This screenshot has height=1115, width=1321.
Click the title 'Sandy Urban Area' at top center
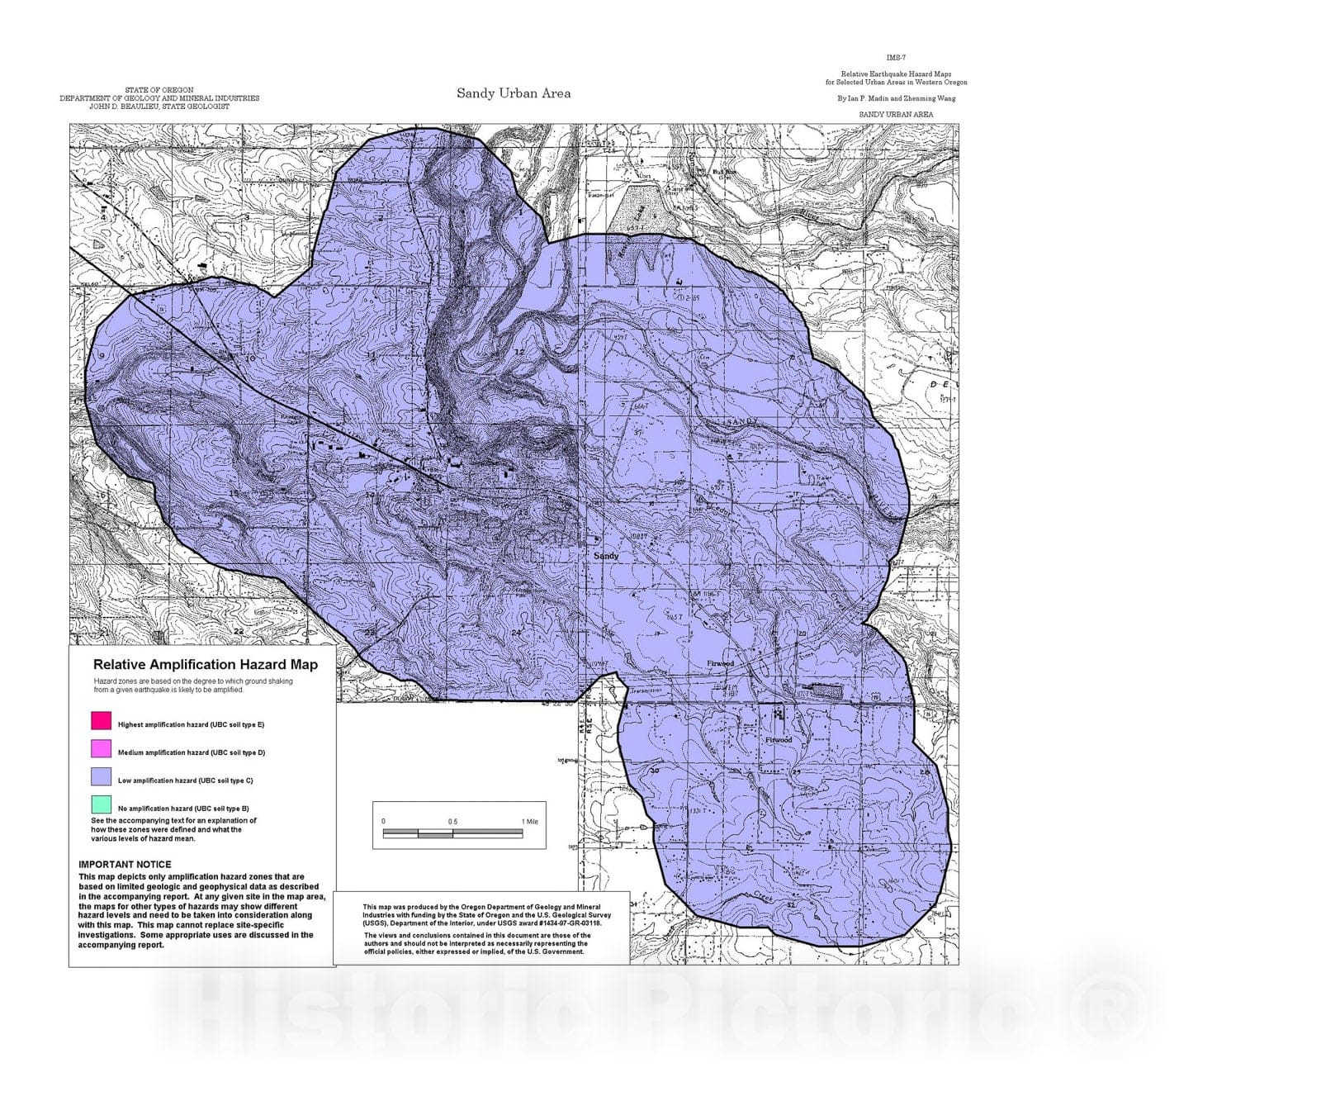[514, 93]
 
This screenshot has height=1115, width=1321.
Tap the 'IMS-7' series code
[896, 58]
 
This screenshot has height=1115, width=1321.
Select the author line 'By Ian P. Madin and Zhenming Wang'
[896, 98]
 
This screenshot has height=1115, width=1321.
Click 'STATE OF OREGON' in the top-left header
[159, 90]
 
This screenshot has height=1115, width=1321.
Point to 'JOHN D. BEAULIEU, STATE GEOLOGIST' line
[159, 107]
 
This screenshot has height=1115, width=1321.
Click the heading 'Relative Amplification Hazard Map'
[205, 664]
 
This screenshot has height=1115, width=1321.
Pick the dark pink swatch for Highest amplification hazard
[101, 720]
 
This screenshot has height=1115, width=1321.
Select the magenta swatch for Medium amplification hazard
[101, 748]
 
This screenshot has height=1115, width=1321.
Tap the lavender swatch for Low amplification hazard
[101, 776]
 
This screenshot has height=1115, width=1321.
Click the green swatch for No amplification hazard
[101, 804]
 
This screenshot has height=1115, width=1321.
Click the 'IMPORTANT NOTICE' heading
[125, 864]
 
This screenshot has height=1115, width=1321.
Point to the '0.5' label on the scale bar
[452, 822]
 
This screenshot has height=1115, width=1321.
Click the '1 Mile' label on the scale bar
[529, 822]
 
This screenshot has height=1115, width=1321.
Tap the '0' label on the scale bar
[383, 822]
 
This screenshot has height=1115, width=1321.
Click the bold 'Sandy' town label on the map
[606, 556]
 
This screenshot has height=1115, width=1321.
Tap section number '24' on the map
[516, 633]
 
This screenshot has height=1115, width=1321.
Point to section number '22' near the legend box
[239, 632]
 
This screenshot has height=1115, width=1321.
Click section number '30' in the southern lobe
[655, 771]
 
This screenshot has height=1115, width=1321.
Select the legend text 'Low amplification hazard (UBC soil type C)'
[185, 780]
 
